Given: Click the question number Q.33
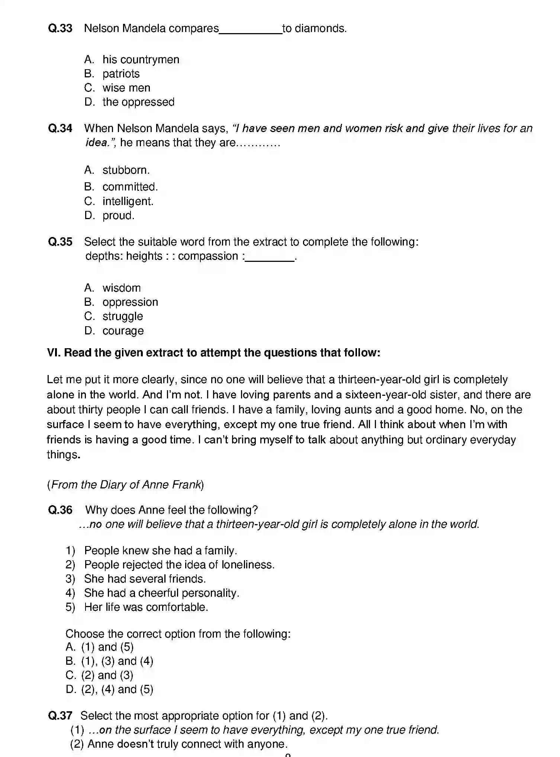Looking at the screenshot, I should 60,28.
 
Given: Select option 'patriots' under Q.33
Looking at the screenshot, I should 121,74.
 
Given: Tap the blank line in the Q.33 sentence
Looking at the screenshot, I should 250,30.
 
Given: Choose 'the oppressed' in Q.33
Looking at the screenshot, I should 138,102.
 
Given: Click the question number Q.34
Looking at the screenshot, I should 60,128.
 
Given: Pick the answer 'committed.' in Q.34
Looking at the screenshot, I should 130,187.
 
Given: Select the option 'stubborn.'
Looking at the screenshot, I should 126,170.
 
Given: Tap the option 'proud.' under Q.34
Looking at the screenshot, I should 118,215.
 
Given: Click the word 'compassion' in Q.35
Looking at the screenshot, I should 208,256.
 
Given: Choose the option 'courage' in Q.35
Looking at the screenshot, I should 123,331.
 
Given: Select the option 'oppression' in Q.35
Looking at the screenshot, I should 130,302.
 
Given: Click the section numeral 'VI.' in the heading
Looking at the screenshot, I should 54,353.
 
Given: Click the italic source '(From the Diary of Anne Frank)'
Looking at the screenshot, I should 125,485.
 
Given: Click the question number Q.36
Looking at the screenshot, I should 60,510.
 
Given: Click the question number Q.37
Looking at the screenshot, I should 60,716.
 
